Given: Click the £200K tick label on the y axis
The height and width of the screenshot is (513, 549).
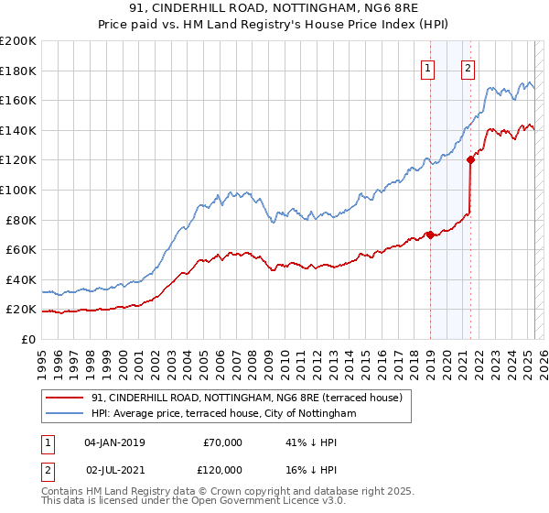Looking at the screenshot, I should coord(18,40).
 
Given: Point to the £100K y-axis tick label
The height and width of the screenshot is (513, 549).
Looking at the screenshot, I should coord(18,190).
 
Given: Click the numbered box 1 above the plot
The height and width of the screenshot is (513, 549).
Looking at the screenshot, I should coord(427,66).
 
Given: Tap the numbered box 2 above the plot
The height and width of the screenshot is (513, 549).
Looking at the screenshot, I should coord(468,66).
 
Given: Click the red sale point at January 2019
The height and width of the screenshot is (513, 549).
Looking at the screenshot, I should coord(430,235).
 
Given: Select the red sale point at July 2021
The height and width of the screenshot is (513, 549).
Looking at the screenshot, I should coord(470,159).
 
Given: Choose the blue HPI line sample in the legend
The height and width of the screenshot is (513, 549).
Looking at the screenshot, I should coord(64,414).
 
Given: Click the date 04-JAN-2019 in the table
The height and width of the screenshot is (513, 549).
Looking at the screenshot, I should coord(114,442).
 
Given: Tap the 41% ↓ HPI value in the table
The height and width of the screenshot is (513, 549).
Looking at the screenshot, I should coord(307,442).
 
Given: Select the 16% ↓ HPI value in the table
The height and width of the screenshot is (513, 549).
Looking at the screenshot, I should coord(307,468).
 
